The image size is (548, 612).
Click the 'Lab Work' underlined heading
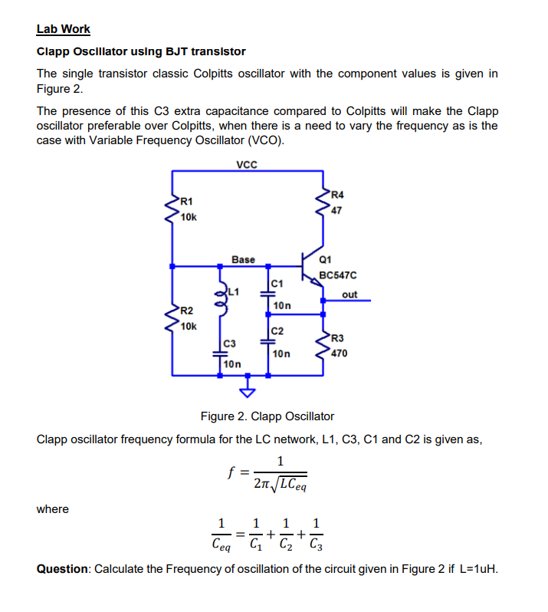[x=64, y=29]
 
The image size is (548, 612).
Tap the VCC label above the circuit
[x=247, y=164]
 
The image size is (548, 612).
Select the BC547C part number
[x=338, y=275]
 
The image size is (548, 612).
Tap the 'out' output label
[x=349, y=294]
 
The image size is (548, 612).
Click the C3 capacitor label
[x=228, y=343]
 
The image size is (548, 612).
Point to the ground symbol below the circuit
[x=247, y=393]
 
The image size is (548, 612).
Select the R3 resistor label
[x=336, y=338]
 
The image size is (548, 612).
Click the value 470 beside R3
[x=339, y=354]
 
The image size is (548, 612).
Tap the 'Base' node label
[x=243, y=260]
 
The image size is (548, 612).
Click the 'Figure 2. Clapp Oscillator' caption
[x=267, y=416]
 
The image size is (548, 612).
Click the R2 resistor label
[x=187, y=311]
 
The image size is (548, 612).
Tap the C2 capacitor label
[x=277, y=331]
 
